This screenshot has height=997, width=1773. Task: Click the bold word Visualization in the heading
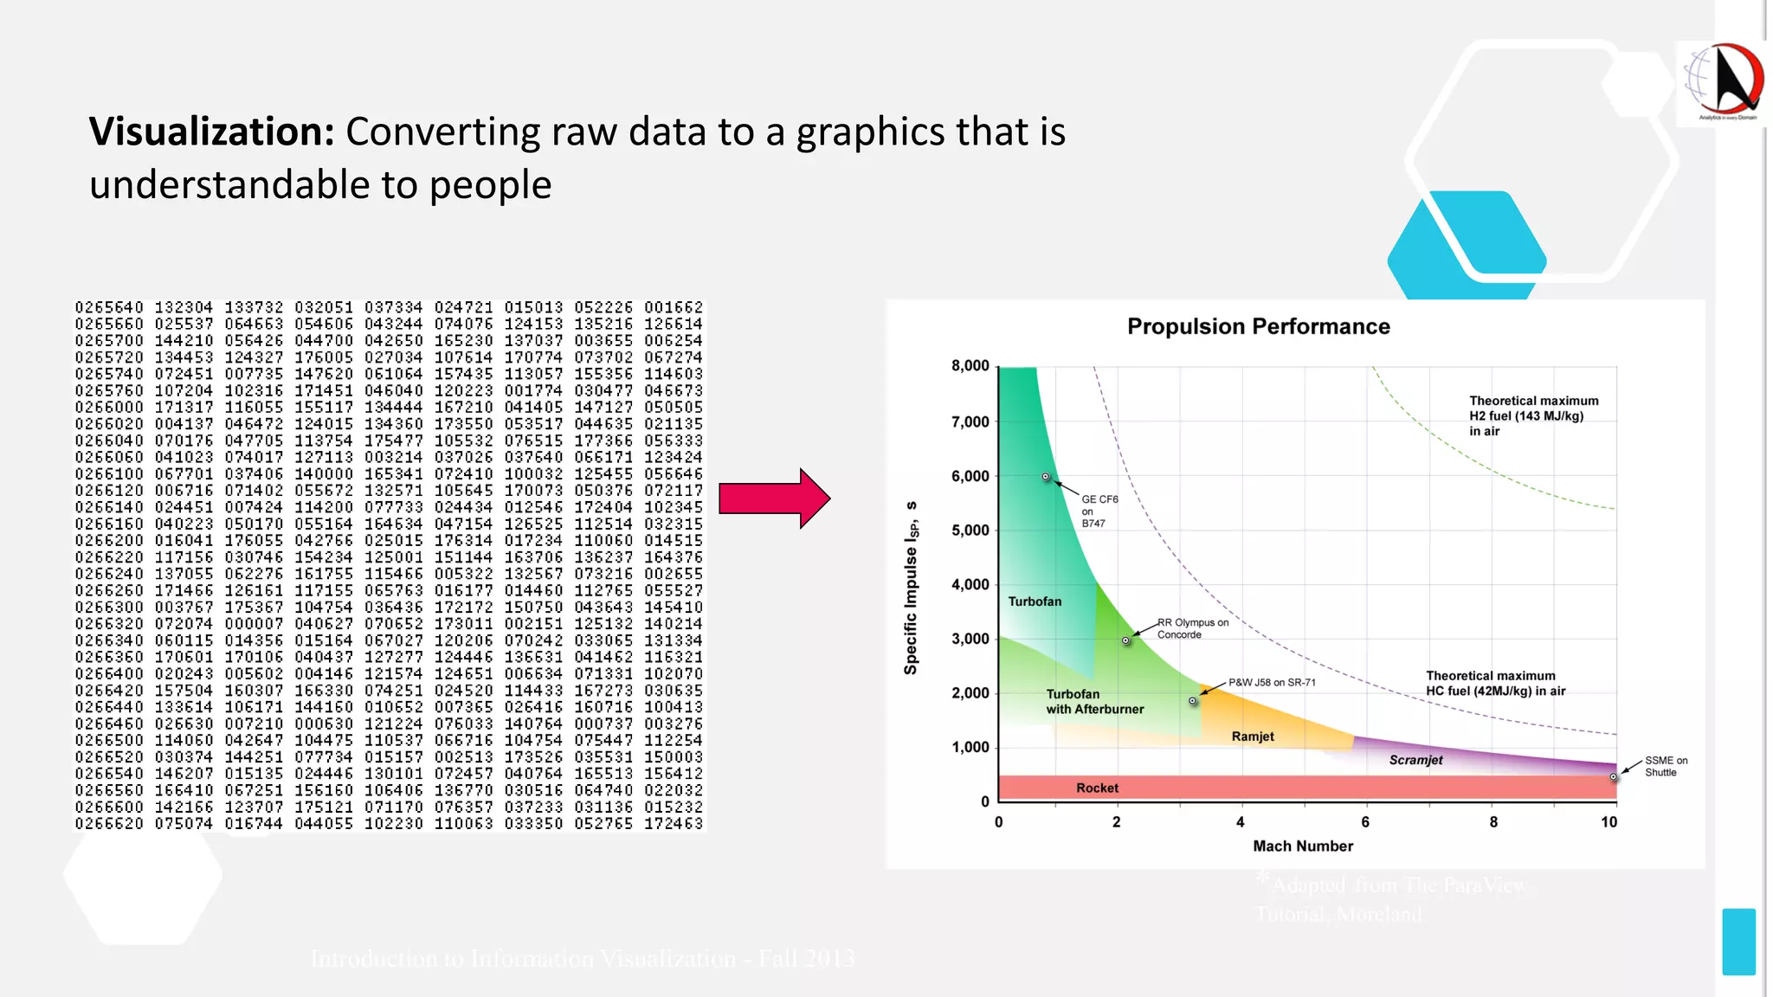(x=211, y=132)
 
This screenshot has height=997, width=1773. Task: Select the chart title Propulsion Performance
(x=1258, y=326)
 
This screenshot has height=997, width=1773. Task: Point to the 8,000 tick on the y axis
(x=970, y=365)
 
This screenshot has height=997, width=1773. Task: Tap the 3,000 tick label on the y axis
(x=970, y=639)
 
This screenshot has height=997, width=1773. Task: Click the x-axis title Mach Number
(x=1302, y=846)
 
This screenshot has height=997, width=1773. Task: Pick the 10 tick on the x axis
(x=1609, y=822)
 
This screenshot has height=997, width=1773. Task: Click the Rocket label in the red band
(x=1097, y=788)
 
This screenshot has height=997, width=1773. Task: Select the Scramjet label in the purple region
(x=1415, y=760)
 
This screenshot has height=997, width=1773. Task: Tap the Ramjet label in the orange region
(x=1253, y=736)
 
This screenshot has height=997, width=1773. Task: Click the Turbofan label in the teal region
(x=1035, y=601)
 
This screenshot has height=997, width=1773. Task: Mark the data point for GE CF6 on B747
(x=1046, y=477)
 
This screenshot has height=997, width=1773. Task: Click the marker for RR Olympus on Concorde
(x=1125, y=640)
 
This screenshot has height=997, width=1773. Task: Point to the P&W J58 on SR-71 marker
(x=1193, y=701)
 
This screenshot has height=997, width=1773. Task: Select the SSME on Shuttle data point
(x=1614, y=777)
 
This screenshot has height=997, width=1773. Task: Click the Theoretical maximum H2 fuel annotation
(x=1532, y=415)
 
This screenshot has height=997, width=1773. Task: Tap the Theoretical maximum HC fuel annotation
(x=1495, y=683)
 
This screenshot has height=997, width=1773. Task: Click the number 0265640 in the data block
(x=109, y=307)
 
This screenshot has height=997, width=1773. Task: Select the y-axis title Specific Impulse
(x=911, y=589)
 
